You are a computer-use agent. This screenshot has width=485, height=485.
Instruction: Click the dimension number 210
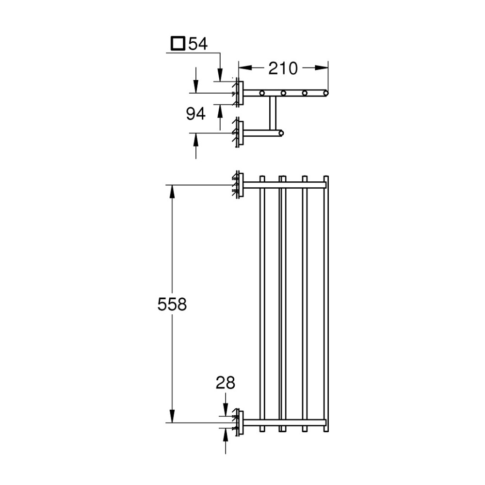[x=283, y=68]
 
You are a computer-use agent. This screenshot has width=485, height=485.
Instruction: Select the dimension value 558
[x=172, y=304]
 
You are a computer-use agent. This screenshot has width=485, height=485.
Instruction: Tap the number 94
[x=196, y=114]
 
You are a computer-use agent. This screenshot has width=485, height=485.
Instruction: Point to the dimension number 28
[x=226, y=383]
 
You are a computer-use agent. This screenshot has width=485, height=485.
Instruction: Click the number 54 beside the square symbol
[x=198, y=44]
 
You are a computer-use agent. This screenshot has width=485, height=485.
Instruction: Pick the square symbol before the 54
[x=178, y=44]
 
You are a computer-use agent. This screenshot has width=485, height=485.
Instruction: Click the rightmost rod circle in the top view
[x=326, y=92]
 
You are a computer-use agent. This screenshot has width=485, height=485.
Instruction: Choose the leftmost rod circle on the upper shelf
[x=262, y=92]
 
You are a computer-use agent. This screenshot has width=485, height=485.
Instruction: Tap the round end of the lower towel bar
[x=281, y=132]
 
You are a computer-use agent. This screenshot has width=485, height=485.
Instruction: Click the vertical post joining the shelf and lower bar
[x=272, y=113]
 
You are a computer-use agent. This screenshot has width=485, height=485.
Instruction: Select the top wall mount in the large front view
[x=237, y=185]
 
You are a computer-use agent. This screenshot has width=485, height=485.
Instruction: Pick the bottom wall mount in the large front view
[x=237, y=421]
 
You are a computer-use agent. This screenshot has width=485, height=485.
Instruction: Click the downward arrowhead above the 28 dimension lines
[x=226, y=410]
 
